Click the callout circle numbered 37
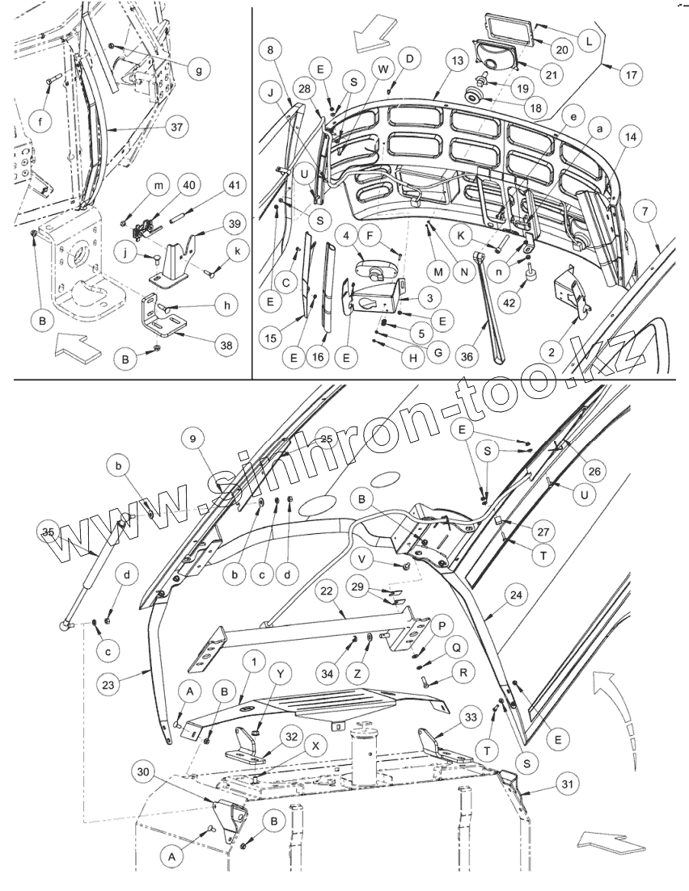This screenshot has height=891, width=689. pyautogui.click(x=175, y=127)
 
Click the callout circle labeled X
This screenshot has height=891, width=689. pyautogui.click(x=315, y=746)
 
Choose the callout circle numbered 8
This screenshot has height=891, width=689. pyautogui.click(x=270, y=50)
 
